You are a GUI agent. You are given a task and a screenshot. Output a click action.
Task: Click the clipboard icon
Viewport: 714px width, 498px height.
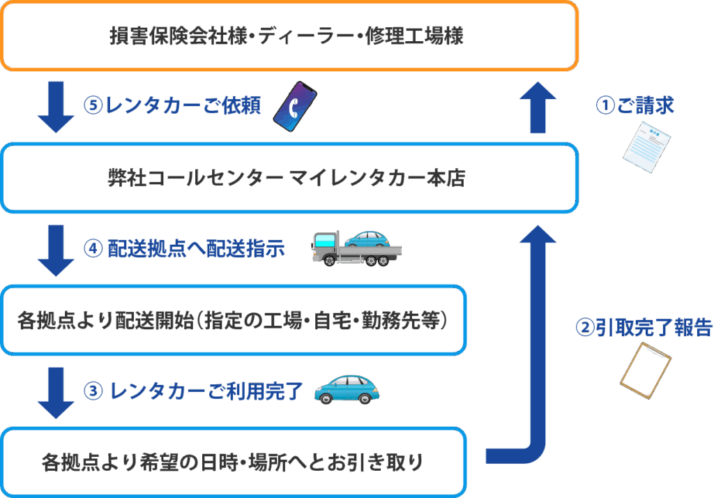(646, 367)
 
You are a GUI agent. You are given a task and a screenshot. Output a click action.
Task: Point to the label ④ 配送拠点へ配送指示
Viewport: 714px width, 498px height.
(184, 250)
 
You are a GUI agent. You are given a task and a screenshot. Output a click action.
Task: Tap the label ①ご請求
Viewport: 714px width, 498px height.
(635, 105)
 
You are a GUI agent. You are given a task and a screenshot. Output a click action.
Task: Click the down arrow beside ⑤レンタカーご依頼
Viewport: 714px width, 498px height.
(56, 106)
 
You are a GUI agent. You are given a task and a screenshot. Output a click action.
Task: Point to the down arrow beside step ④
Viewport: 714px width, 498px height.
(56, 250)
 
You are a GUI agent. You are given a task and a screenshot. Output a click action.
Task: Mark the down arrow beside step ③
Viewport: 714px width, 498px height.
(56, 393)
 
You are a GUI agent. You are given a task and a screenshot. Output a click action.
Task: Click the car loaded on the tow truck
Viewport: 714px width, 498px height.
(367, 239)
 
